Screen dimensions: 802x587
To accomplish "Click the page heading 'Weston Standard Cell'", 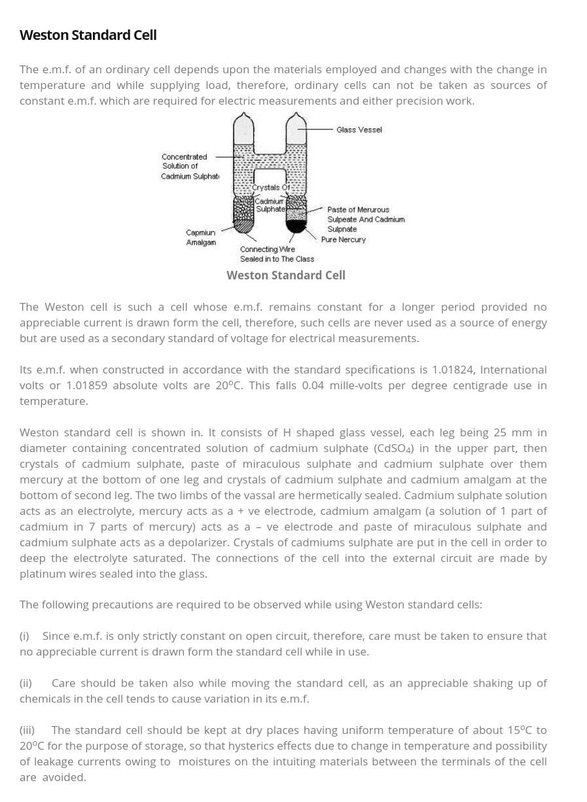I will point(88,35).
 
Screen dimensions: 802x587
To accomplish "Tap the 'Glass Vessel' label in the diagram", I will point(359,130).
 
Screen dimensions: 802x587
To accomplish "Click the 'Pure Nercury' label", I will point(343,239).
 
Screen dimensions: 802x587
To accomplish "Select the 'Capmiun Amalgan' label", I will point(200,237).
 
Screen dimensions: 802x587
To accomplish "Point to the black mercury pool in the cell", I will point(296,226).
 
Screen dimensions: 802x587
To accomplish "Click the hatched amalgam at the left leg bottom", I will point(244,226).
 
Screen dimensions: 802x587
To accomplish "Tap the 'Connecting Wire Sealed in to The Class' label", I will point(276,254).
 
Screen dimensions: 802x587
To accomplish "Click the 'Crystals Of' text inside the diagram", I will point(270,188).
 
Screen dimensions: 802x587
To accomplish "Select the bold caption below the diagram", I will point(286,275).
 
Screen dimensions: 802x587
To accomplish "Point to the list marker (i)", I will point(24,636).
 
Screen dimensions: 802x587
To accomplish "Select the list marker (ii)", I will point(26,683).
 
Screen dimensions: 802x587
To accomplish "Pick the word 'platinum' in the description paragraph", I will point(42,574).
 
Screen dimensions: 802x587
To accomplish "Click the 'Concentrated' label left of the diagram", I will point(184,157).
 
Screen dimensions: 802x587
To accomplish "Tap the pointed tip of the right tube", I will point(296,114).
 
